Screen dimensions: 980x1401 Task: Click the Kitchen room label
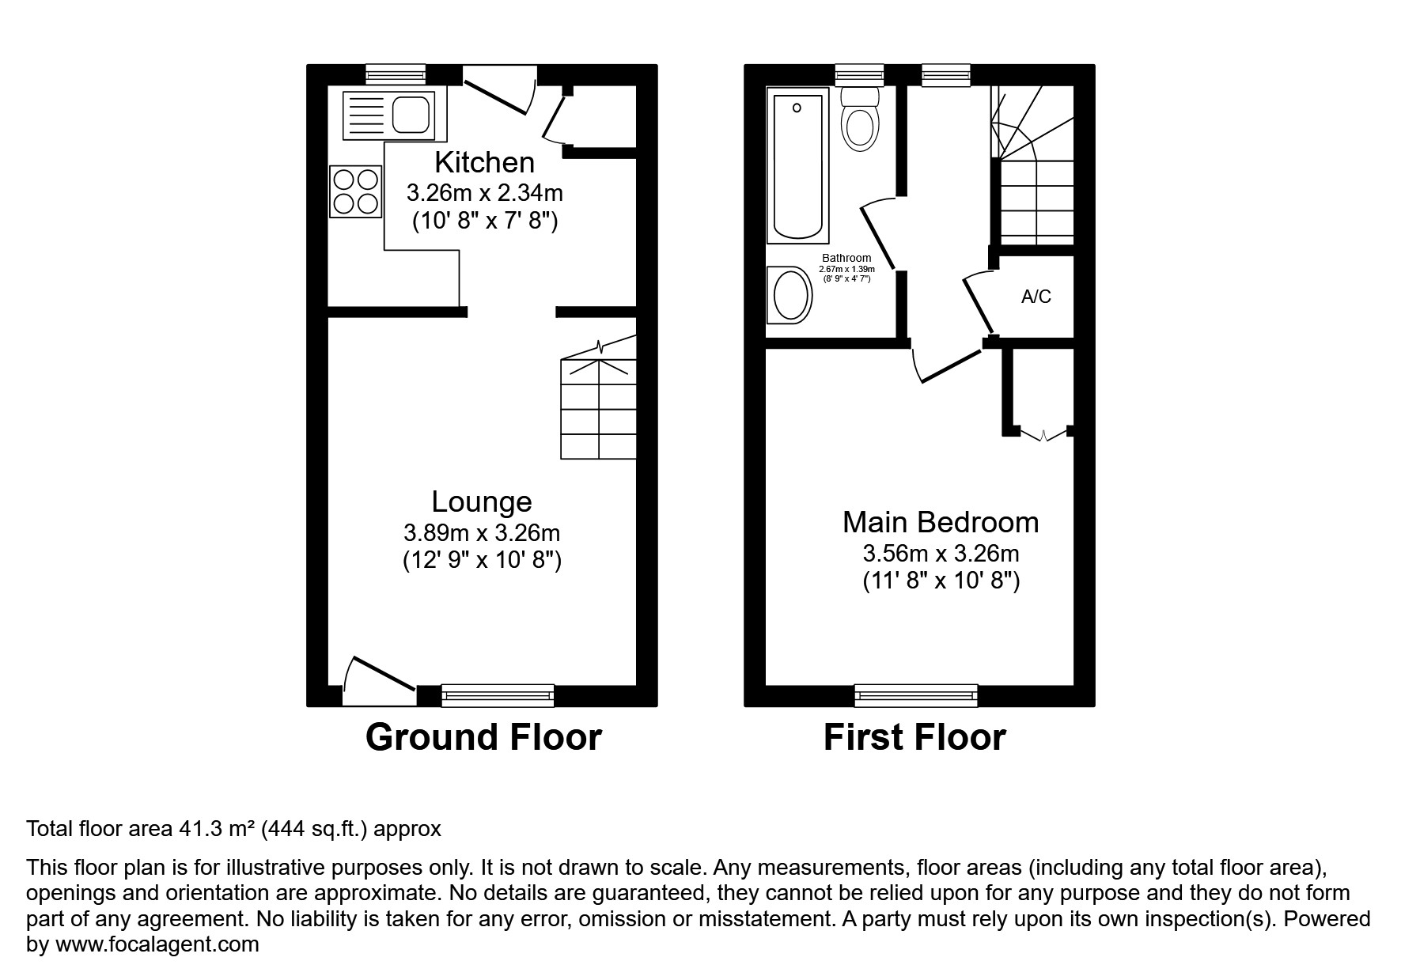click(x=484, y=162)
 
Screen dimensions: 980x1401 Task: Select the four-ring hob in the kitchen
click(x=355, y=191)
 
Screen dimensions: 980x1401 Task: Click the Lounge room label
click(x=481, y=501)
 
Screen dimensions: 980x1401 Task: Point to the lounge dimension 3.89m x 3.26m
click(x=482, y=532)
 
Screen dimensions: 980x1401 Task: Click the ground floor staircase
click(x=599, y=407)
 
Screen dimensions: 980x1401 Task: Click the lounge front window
click(x=497, y=695)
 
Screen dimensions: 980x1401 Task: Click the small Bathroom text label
click(x=846, y=258)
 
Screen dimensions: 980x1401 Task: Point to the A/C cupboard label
click(x=1036, y=297)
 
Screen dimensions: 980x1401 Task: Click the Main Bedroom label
click(x=940, y=522)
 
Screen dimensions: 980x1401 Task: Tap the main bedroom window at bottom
click(x=915, y=695)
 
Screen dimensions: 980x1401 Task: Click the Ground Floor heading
click(x=483, y=737)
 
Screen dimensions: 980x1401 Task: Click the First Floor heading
click(x=914, y=737)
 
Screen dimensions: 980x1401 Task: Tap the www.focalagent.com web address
click(x=157, y=944)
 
